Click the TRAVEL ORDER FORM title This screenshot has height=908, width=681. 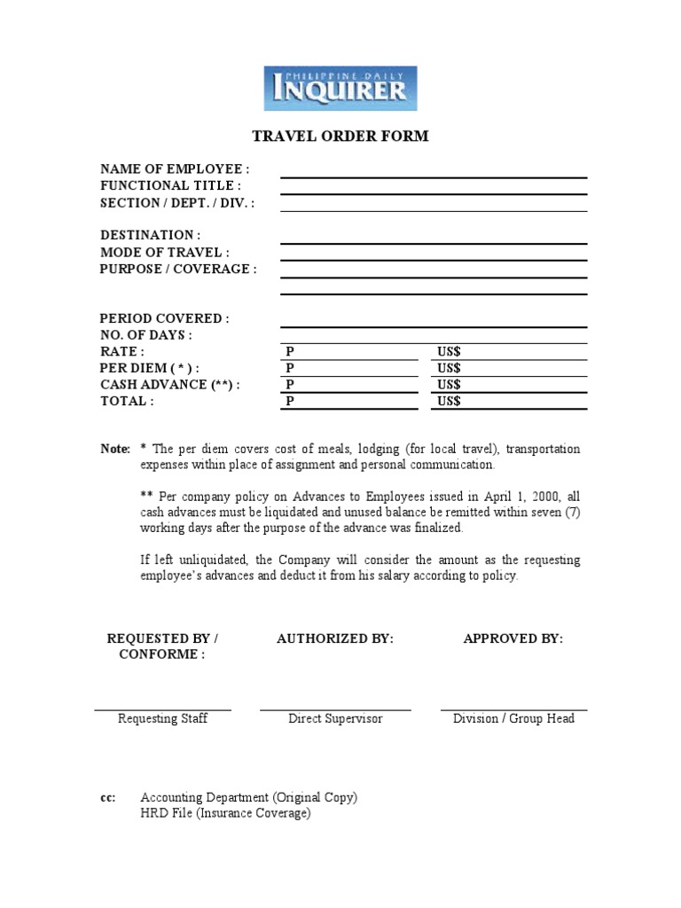point(340,137)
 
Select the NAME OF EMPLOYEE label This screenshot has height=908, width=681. point(175,169)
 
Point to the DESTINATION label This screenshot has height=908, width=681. point(150,235)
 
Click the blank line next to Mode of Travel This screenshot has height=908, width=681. point(434,259)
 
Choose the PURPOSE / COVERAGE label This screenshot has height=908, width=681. point(178,269)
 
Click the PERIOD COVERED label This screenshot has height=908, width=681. point(165,318)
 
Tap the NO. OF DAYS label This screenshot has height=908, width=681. point(145,335)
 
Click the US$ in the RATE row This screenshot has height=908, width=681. point(449,352)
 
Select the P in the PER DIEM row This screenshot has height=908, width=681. point(289,368)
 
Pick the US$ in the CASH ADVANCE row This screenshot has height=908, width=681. point(449,385)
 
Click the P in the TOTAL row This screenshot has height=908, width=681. point(289,402)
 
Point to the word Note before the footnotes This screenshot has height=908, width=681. point(114,450)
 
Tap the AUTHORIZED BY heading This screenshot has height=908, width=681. point(335,638)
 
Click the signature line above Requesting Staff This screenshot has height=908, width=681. point(162,709)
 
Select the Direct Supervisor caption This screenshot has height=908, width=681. point(335,718)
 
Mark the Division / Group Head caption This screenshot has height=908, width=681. point(513,718)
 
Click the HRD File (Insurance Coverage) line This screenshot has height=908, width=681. point(225,813)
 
